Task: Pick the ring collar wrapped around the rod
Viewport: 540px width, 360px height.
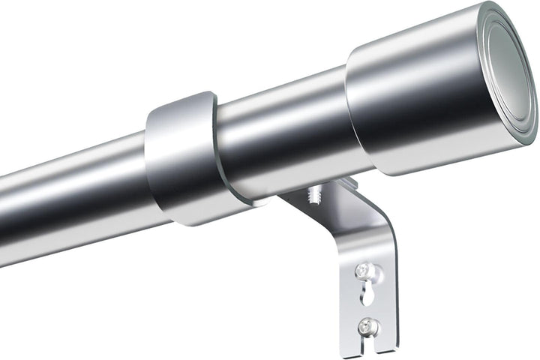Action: click(182, 157)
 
